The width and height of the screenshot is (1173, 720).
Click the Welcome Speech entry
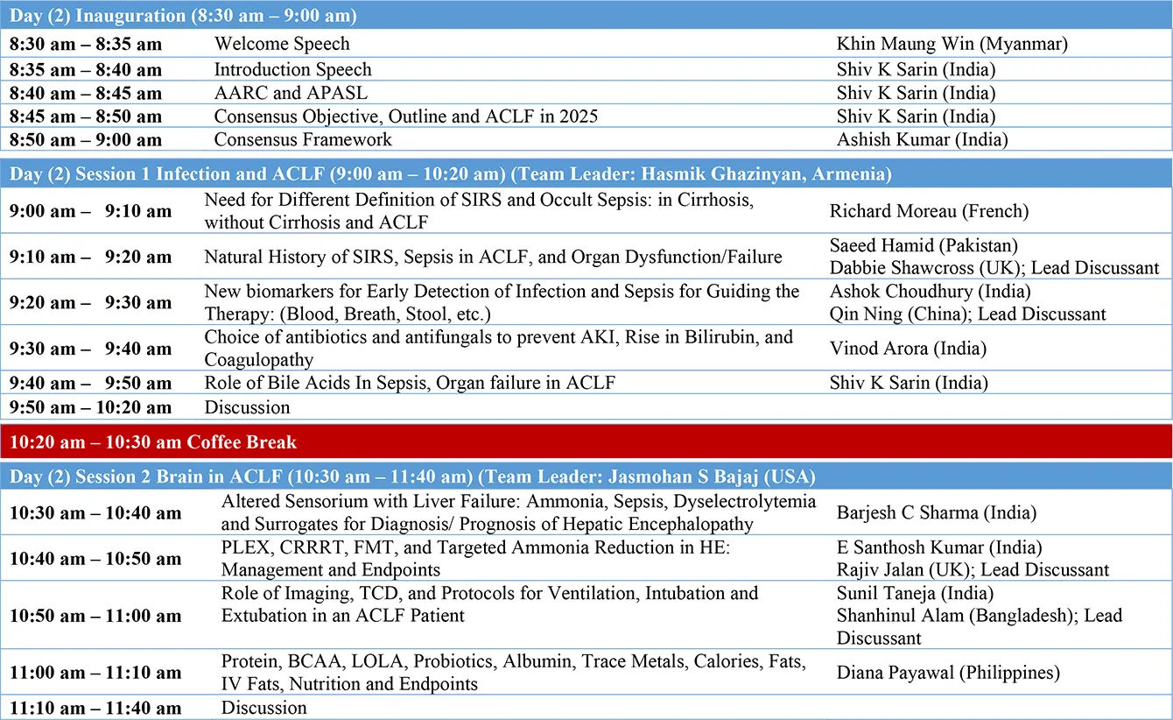click(282, 44)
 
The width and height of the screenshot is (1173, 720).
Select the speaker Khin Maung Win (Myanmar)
click(952, 44)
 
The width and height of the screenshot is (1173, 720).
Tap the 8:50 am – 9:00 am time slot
click(86, 140)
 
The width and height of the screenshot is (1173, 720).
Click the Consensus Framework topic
click(303, 139)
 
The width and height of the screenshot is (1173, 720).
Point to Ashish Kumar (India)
click(922, 139)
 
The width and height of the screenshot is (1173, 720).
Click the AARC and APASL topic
click(291, 93)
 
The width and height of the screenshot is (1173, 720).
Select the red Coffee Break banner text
click(153, 442)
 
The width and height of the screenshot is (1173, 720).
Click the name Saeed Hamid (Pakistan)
click(924, 246)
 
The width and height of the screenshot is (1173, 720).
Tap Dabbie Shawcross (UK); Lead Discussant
click(994, 268)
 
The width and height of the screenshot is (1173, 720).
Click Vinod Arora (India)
click(908, 349)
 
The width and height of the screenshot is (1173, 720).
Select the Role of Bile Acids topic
click(410, 383)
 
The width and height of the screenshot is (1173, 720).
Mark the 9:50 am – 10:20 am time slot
click(90, 407)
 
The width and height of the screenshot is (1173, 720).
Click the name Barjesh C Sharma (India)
click(936, 512)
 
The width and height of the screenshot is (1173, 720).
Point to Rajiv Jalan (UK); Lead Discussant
click(973, 570)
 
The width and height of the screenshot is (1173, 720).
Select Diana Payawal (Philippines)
click(948, 673)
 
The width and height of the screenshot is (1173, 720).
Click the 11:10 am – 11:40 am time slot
click(95, 708)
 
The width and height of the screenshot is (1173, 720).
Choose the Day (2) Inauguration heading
click(183, 16)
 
